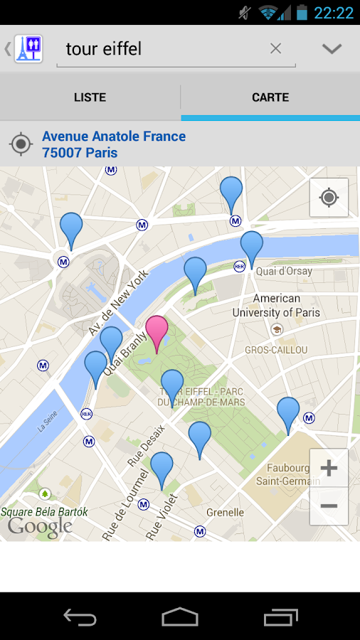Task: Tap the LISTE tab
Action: (x=90, y=97)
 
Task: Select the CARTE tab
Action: (x=270, y=97)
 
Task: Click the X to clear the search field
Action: (x=275, y=48)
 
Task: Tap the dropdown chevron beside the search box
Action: (x=332, y=48)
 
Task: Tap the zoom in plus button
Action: (x=329, y=468)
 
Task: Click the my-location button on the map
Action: (x=329, y=197)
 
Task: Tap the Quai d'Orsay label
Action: (x=284, y=271)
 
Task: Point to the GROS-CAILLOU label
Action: (x=276, y=350)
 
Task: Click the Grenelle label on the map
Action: (x=225, y=512)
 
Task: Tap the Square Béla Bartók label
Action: (x=44, y=511)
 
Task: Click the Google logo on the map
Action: (x=40, y=527)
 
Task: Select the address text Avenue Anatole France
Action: (x=114, y=136)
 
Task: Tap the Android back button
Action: (x=80, y=617)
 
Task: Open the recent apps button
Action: (x=280, y=617)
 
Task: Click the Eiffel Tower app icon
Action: (x=29, y=48)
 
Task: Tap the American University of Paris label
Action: (x=276, y=305)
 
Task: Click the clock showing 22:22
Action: (x=334, y=12)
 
